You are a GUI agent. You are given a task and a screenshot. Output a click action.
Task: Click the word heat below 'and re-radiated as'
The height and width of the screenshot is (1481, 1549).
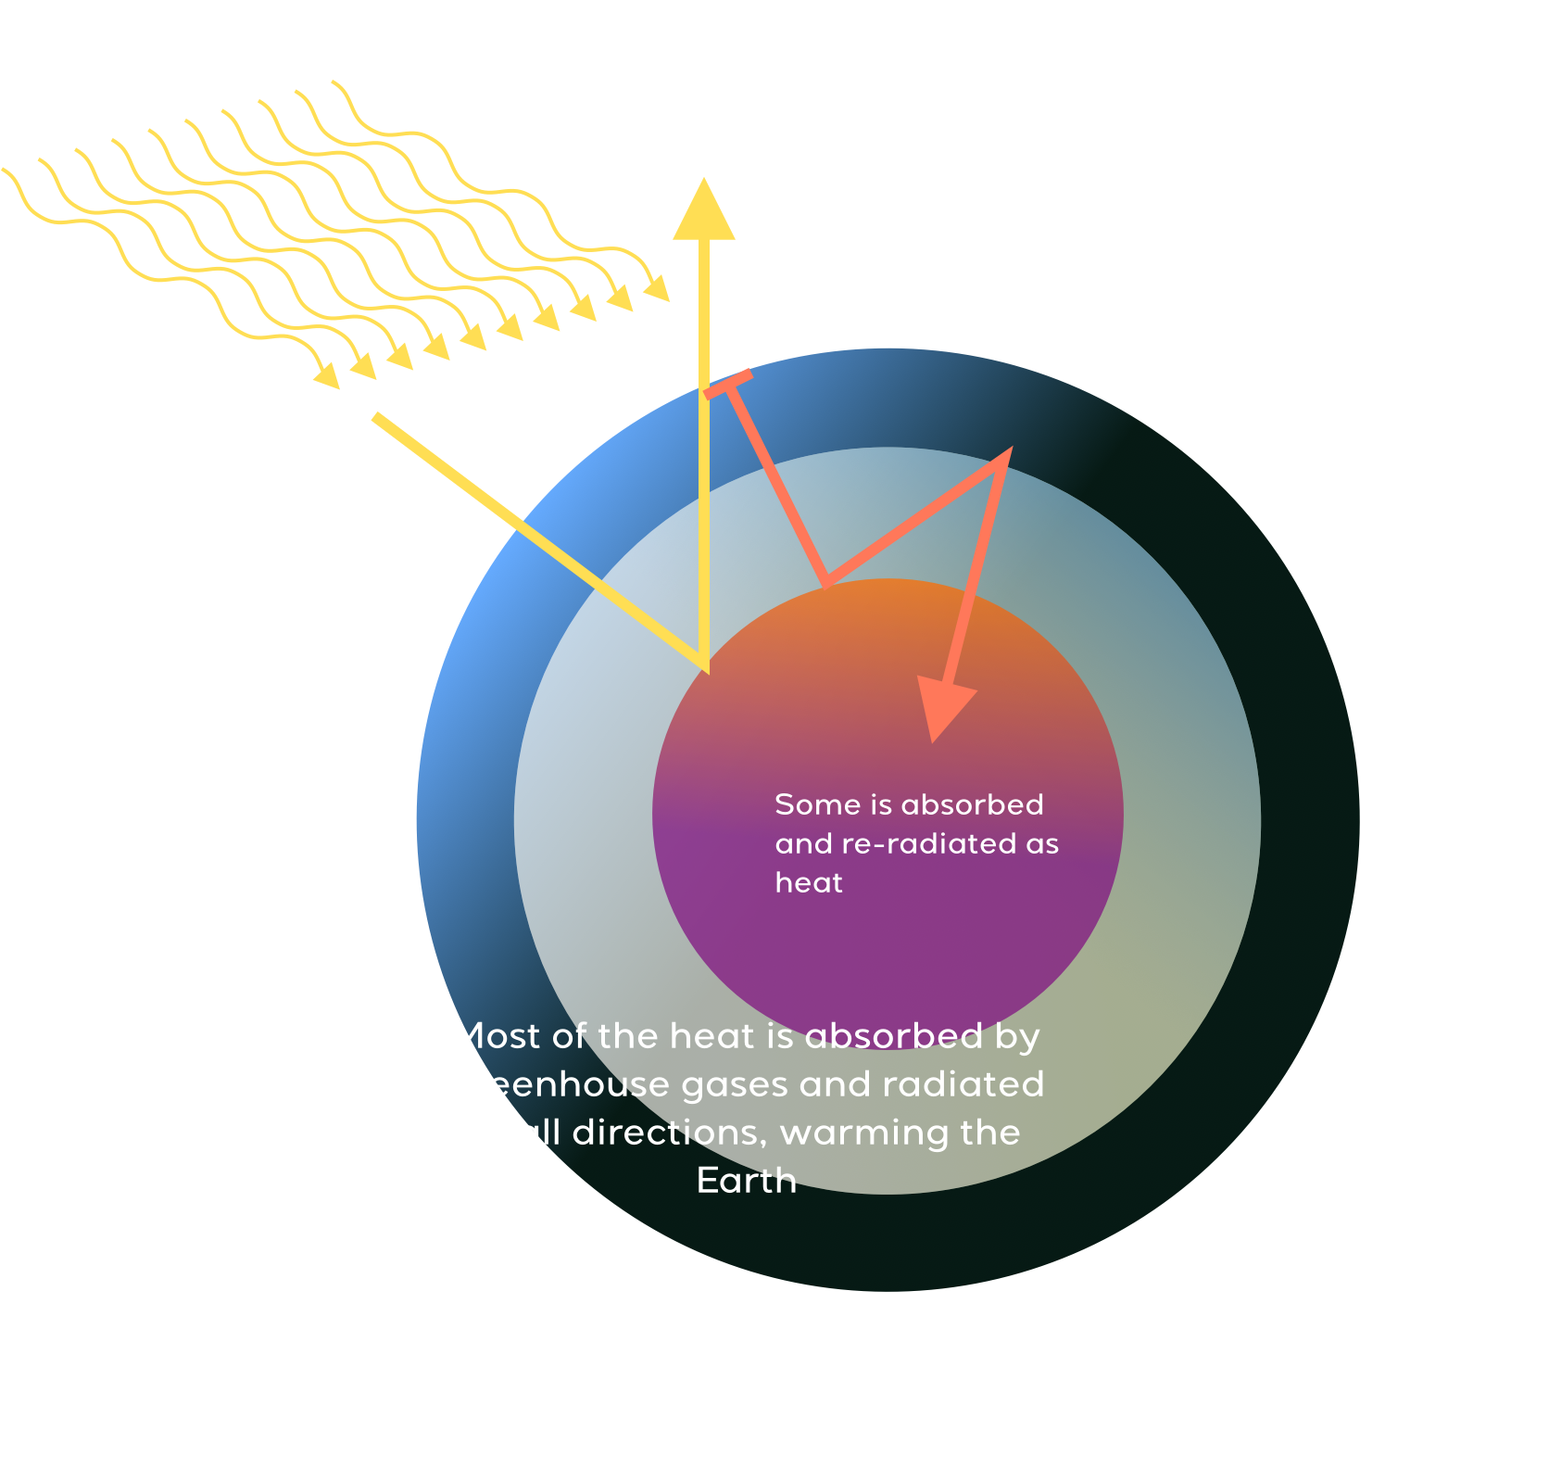(809, 883)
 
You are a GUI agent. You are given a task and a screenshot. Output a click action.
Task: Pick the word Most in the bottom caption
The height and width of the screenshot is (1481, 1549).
(497, 1036)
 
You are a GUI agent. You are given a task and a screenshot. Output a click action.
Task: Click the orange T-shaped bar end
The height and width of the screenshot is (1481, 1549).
(728, 384)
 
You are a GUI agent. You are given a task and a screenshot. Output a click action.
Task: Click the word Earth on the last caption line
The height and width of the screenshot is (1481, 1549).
(747, 1182)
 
